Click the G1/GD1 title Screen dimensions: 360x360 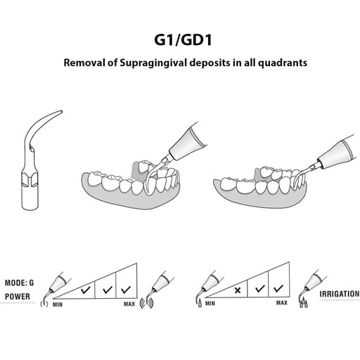[x=183, y=40]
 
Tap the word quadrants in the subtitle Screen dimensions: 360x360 [x=283, y=63]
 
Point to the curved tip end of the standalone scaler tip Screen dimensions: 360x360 [x=61, y=112]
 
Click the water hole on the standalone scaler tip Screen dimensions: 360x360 [x=30, y=148]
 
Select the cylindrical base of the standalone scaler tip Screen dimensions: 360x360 [x=30, y=197]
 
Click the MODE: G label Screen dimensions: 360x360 [x=19, y=283]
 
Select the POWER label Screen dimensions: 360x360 [x=18, y=297]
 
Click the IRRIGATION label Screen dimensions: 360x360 [x=339, y=294]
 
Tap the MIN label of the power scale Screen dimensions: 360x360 [x=58, y=304]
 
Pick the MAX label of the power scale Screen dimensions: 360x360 [x=129, y=304]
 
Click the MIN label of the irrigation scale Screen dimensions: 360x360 [x=210, y=304]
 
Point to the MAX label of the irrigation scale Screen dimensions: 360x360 [x=282, y=303]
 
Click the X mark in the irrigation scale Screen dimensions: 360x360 [x=238, y=290]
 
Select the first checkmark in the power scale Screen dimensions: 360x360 [x=86, y=290]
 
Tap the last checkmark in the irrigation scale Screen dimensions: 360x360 [x=278, y=288]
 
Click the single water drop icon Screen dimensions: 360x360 [x=200, y=304]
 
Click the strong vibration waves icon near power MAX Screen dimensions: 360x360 [x=146, y=303]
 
